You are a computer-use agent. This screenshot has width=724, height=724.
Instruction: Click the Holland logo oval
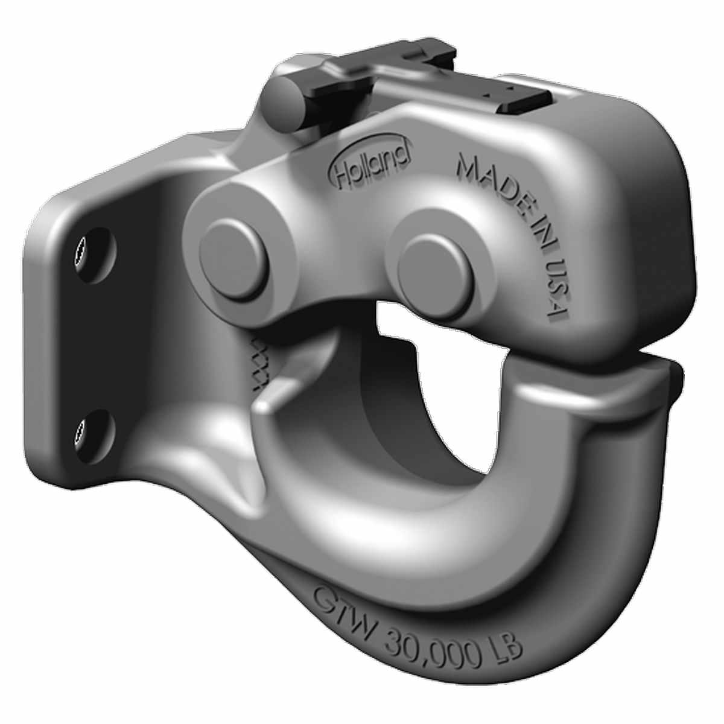coord(370,160)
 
